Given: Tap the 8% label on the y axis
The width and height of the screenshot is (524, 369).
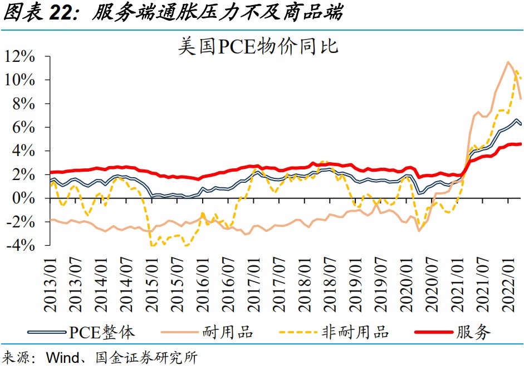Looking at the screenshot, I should click(25, 104).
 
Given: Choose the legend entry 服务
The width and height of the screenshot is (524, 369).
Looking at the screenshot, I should click(473, 333).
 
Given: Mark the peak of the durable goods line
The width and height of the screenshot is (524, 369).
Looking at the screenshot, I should click(508, 62).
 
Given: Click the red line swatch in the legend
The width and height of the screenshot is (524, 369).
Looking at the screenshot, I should click(434, 333).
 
